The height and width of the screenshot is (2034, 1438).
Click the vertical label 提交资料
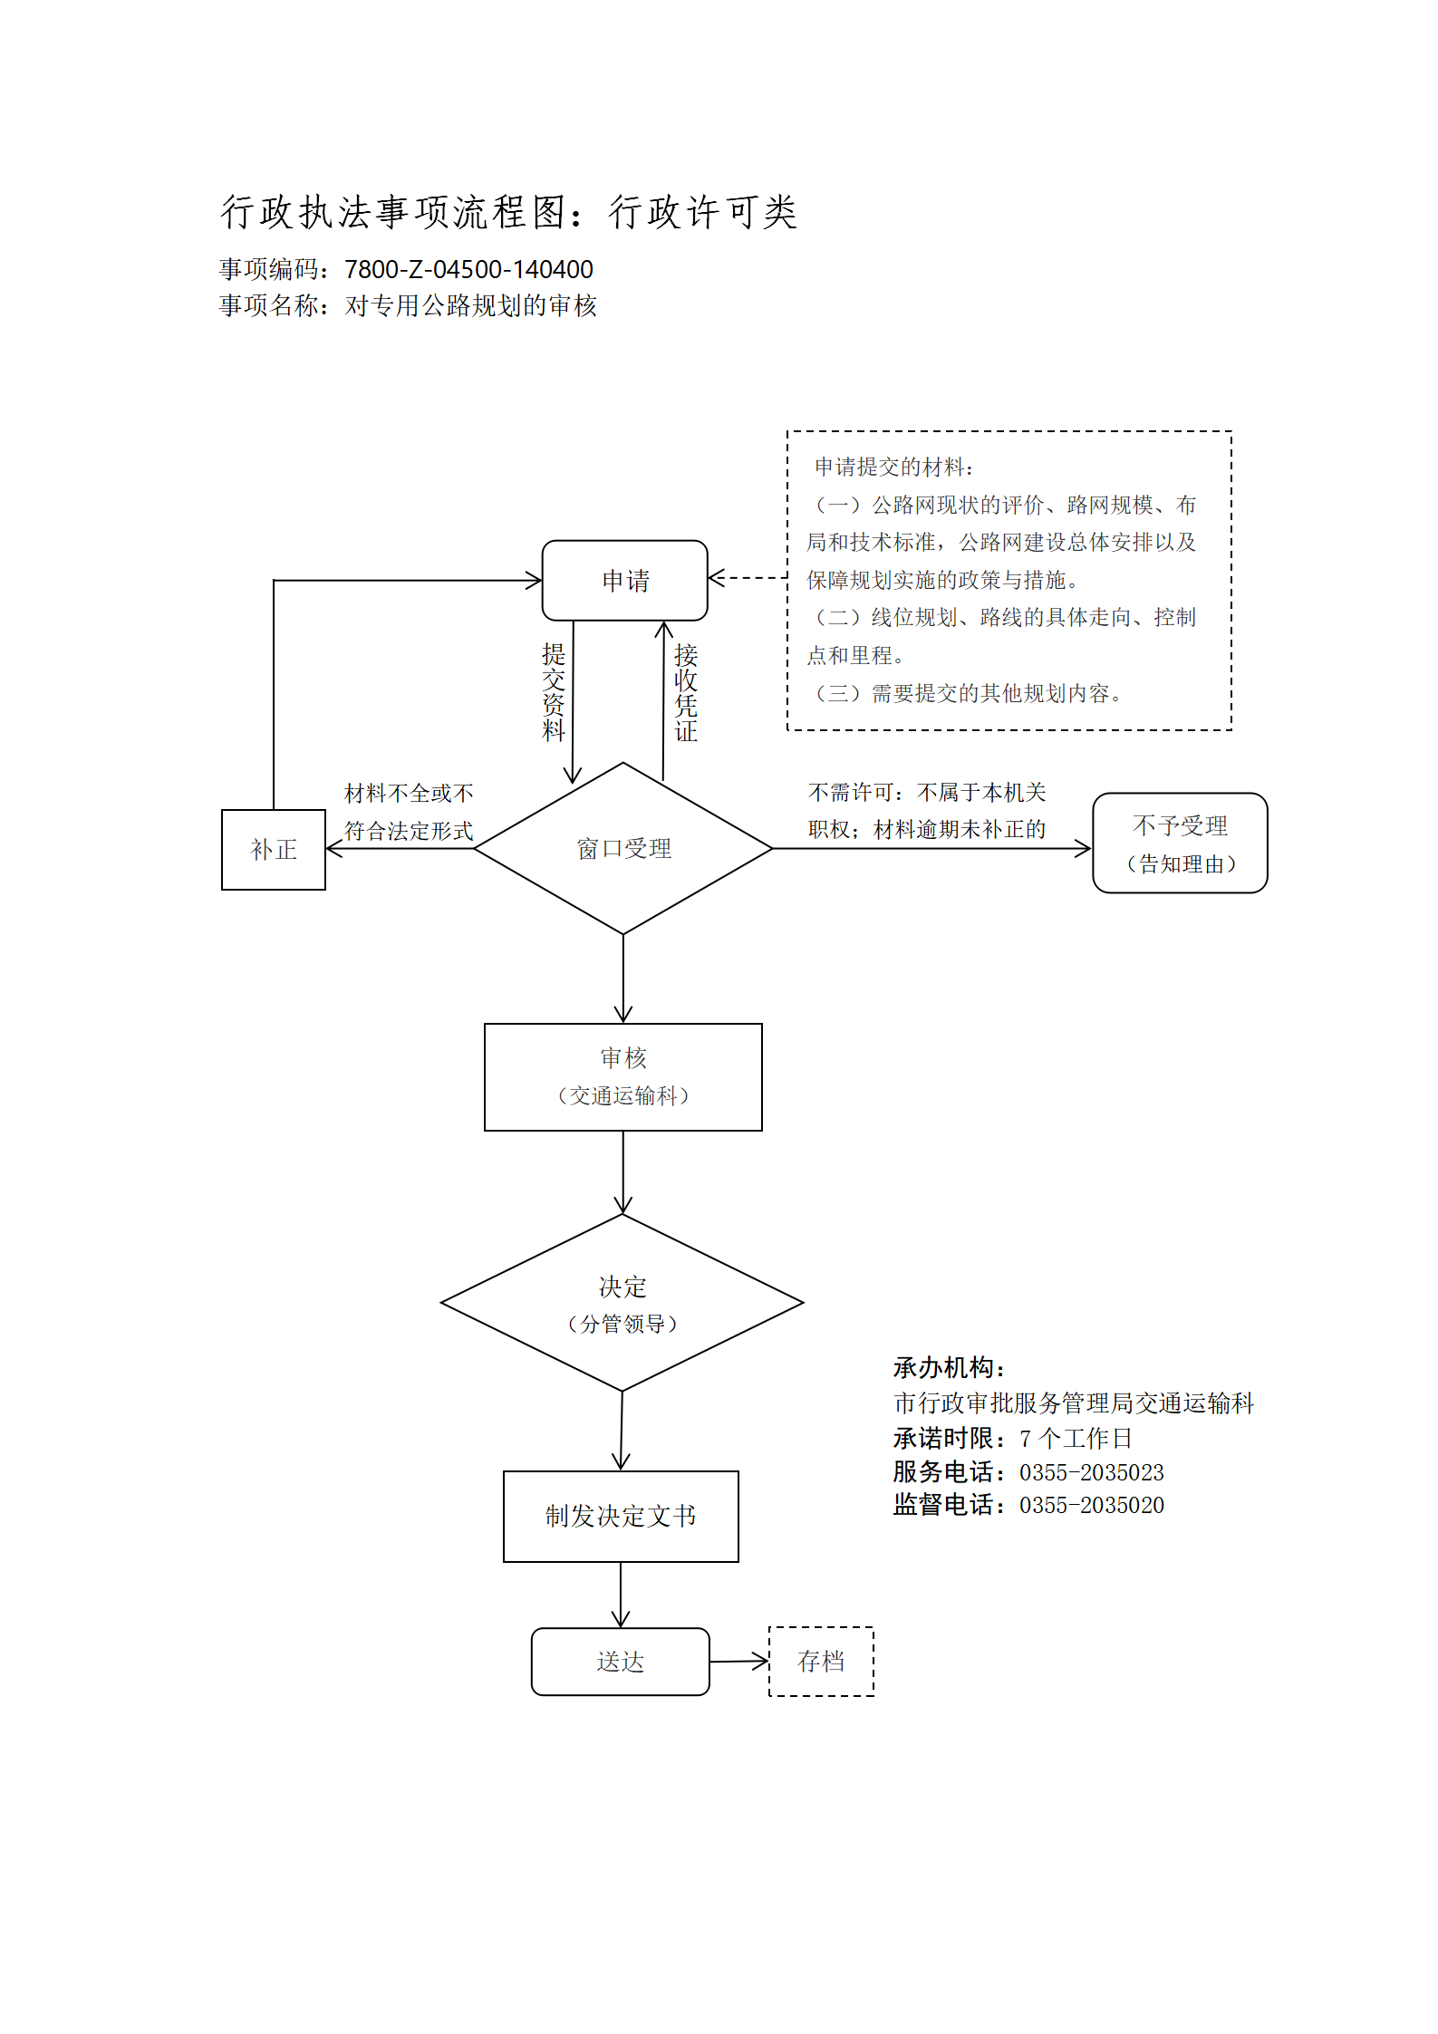(554, 692)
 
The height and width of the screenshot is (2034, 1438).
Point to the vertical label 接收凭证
(686, 692)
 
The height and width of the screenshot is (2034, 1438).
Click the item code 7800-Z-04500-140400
(468, 269)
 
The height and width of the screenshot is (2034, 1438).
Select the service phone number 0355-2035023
(1092, 1472)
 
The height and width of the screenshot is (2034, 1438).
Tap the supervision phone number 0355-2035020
(1092, 1505)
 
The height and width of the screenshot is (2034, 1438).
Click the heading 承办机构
(949, 1367)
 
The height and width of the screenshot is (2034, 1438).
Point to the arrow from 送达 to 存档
(739, 1662)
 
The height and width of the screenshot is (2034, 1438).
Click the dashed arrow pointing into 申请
(748, 577)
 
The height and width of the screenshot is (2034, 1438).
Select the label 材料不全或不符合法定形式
(409, 812)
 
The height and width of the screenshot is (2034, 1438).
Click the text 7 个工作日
(1076, 1438)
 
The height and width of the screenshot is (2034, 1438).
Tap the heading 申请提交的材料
(893, 467)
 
